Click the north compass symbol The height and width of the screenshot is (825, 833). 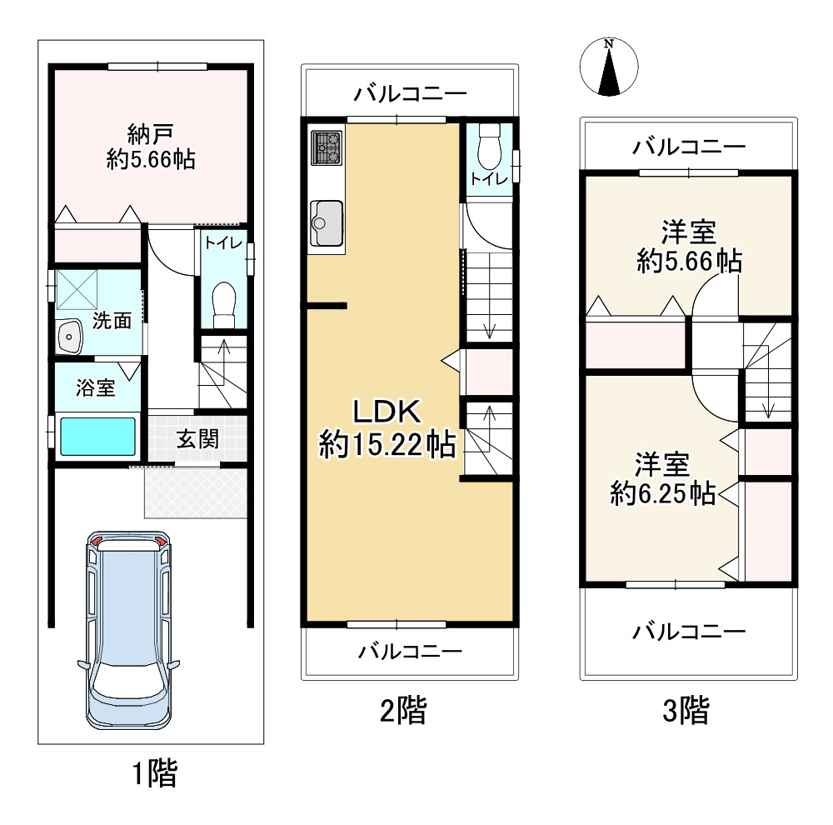[609, 67]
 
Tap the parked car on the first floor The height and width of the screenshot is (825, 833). [128, 630]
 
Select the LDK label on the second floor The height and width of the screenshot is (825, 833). [387, 412]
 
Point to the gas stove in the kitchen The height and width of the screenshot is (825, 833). [327, 147]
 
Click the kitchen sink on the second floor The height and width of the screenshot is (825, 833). [326, 223]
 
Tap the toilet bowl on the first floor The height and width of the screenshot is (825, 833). [223, 305]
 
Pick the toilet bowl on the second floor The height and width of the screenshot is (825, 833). [489, 147]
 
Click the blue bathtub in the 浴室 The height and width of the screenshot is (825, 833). [97, 437]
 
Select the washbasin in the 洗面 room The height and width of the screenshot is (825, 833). [69, 337]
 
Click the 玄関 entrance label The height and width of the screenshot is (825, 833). [197, 439]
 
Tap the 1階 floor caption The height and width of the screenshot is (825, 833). [154, 773]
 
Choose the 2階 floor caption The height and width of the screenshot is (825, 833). [402, 711]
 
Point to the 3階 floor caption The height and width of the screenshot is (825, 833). [686, 711]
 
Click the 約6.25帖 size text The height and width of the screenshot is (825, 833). [662, 494]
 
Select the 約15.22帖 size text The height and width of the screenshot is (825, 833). [387, 444]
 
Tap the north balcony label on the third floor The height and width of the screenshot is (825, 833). [689, 146]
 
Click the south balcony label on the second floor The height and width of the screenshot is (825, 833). [410, 651]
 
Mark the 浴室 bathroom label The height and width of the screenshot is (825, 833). [96, 387]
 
